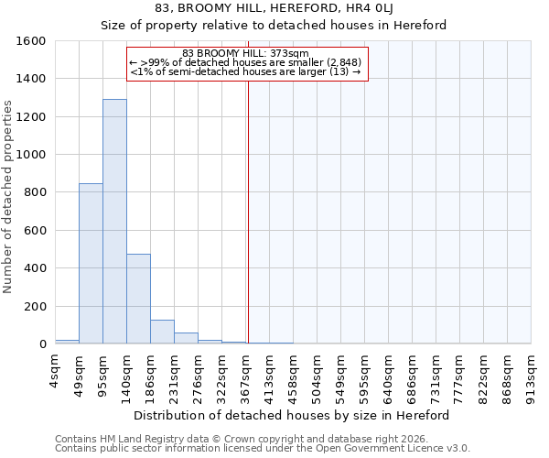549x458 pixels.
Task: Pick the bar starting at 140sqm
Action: (138, 299)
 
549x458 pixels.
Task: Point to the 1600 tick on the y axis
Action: (33, 41)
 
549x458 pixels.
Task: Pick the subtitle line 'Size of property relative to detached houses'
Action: (274, 26)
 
